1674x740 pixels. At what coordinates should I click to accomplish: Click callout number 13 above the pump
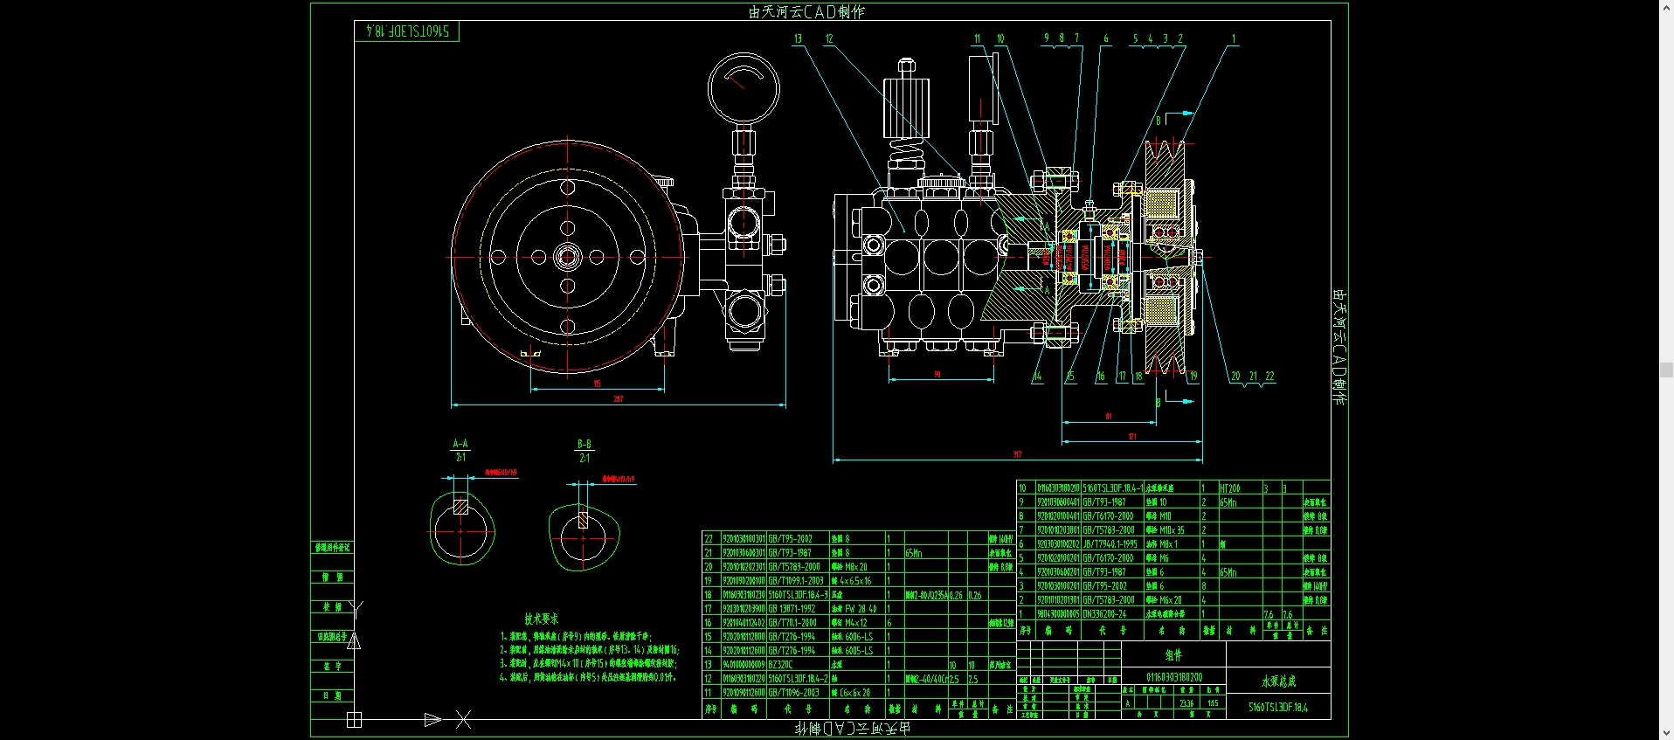tap(798, 39)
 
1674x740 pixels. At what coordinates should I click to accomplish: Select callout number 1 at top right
tap(1234, 39)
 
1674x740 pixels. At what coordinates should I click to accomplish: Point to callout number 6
tap(1105, 39)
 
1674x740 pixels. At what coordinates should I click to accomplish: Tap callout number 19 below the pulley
tap(1193, 377)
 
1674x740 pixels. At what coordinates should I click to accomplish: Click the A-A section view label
tap(460, 444)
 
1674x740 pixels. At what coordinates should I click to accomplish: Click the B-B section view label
tap(585, 445)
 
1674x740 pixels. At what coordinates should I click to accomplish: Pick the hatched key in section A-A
tap(461, 506)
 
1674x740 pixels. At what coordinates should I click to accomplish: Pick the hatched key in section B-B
tap(584, 520)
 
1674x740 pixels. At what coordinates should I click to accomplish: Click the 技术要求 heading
tap(541, 619)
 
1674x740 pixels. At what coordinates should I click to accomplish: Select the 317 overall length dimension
tap(1017, 454)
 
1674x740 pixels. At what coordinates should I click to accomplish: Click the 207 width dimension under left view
tap(618, 399)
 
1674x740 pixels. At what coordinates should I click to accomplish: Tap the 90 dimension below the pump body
tap(937, 374)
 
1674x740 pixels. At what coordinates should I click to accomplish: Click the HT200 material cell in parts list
tap(1230, 488)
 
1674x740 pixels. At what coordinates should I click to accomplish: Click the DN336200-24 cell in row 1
tap(1104, 614)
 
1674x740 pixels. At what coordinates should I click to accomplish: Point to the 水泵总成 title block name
tap(1278, 681)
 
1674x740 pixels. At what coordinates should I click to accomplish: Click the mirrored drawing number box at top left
tap(407, 31)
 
